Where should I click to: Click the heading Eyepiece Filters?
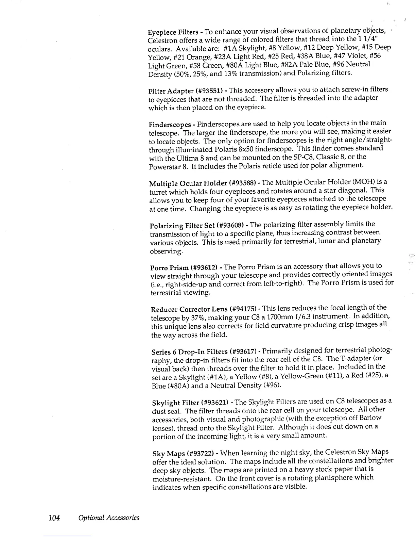click(173, 32)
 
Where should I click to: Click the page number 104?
click(54, 518)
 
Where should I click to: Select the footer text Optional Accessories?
click(109, 518)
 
